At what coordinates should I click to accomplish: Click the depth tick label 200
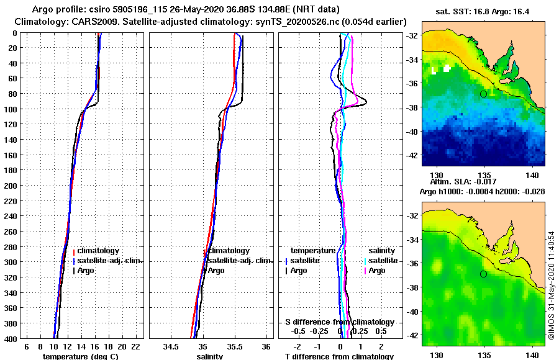[x=11, y=186]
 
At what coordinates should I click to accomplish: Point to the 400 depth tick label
[x=11, y=339]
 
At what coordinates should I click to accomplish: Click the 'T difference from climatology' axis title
[x=339, y=356]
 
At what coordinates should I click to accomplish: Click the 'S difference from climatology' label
[x=340, y=322]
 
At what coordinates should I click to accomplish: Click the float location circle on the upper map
[x=483, y=94]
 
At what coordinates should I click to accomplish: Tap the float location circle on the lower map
[x=483, y=274]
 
